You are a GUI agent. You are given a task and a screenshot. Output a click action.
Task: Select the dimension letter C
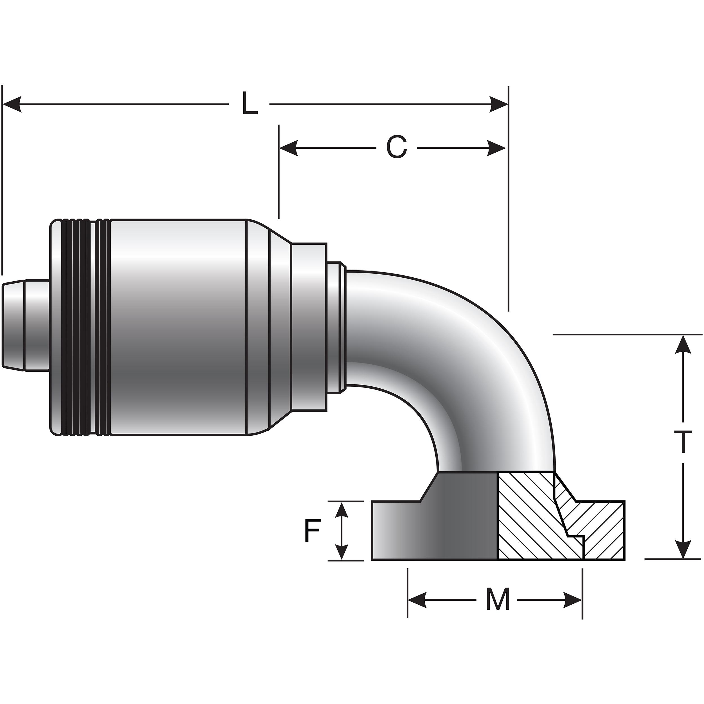click(x=396, y=148)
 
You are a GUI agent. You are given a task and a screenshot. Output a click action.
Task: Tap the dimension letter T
click(x=682, y=441)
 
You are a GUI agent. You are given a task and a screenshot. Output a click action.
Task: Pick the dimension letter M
click(x=498, y=600)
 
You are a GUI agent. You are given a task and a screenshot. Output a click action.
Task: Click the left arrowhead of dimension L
click(x=12, y=104)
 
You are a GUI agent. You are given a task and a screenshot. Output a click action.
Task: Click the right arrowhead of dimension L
click(x=498, y=104)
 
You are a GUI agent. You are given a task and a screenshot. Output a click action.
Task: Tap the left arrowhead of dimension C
click(x=289, y=148)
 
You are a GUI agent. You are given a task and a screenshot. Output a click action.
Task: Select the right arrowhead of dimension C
click(x=496, y=148)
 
